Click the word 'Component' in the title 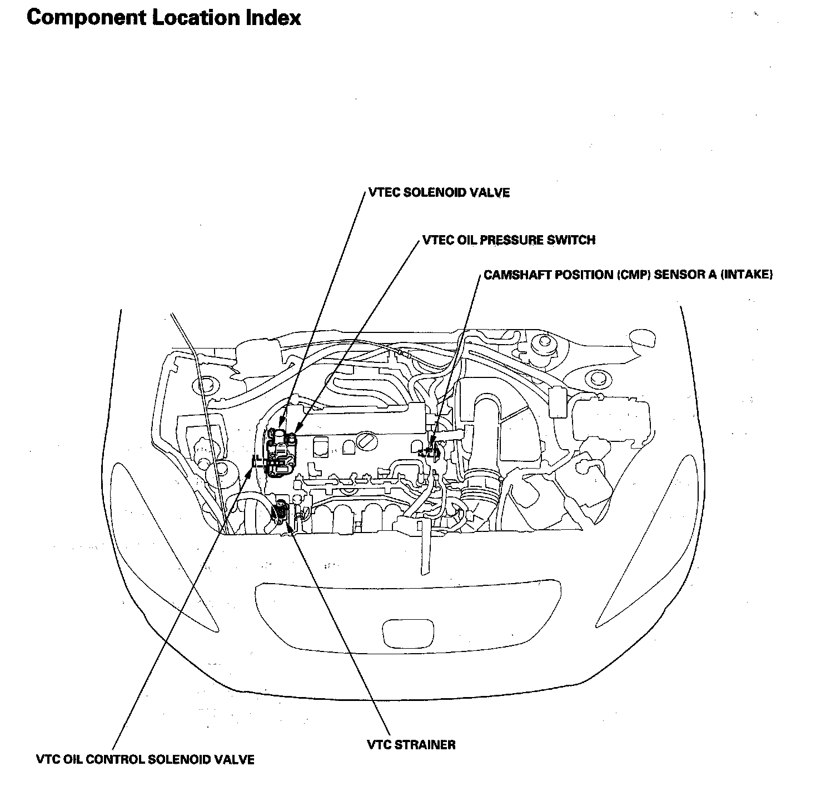click(82, 18)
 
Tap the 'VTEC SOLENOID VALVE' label click(439, 193)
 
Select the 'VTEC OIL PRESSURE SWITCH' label click(509, 240)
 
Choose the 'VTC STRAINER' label click(411, 744)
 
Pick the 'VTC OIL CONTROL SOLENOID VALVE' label click(145, 759)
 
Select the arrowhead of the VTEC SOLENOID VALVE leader click(282, 429)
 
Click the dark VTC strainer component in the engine click(280, 510)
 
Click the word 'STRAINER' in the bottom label click(426, 744)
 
